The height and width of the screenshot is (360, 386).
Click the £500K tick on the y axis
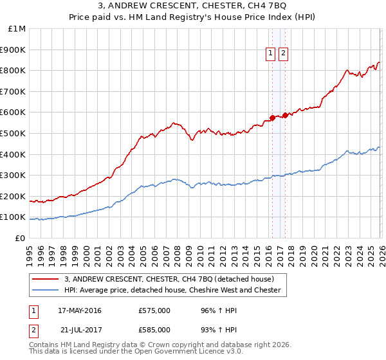click(x=13, y=133)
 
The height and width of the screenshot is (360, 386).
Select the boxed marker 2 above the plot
click(x=283, y=54)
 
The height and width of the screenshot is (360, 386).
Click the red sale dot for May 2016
click(x=272, y=118)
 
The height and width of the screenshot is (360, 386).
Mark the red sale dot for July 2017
click(x=285, y=116)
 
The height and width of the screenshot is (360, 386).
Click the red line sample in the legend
click(x=46, y=279)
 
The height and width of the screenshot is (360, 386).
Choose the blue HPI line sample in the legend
click(x=46, y=290)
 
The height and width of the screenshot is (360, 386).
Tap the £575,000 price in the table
click(x=154, y=310)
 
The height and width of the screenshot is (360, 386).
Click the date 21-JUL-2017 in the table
click(x=80, y=330)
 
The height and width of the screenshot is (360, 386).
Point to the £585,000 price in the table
click(x=154, y=330)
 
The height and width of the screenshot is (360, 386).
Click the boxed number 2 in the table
click(x=33, y=330)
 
